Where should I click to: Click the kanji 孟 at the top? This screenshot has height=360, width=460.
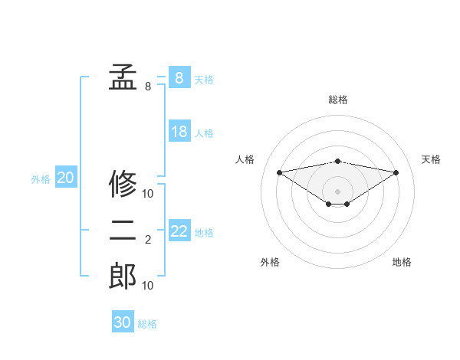tap(123, 77)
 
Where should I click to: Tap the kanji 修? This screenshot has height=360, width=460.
tap(123, 184)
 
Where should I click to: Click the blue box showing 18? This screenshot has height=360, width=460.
tap(179, 132)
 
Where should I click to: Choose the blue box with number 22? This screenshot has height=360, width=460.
tap(179, 231)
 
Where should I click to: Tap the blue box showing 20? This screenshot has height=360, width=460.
tap(66, 178)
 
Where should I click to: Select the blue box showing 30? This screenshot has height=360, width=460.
tap(123, 322)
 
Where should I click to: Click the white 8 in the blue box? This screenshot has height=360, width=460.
tap(179, 77)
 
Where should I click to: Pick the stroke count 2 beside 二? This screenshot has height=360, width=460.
tap(148, 241)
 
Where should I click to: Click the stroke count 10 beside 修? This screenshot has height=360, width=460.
tap(148, 193)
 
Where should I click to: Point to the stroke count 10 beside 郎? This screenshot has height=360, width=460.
tap(148, 286)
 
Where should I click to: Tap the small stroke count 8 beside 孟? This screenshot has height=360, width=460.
tap(148, 87)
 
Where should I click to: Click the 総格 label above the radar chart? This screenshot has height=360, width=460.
tap(338, 100)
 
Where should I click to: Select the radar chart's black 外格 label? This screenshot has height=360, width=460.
tap(270, 262)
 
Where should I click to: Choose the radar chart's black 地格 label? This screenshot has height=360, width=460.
tap(402, 262)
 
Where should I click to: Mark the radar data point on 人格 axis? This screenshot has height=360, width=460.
tap(279, 172)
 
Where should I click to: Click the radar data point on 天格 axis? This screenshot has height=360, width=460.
tap(396, 172)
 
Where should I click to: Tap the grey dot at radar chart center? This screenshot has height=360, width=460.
tap(337, 190)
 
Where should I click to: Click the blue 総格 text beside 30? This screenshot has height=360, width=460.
tap(147, 324)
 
